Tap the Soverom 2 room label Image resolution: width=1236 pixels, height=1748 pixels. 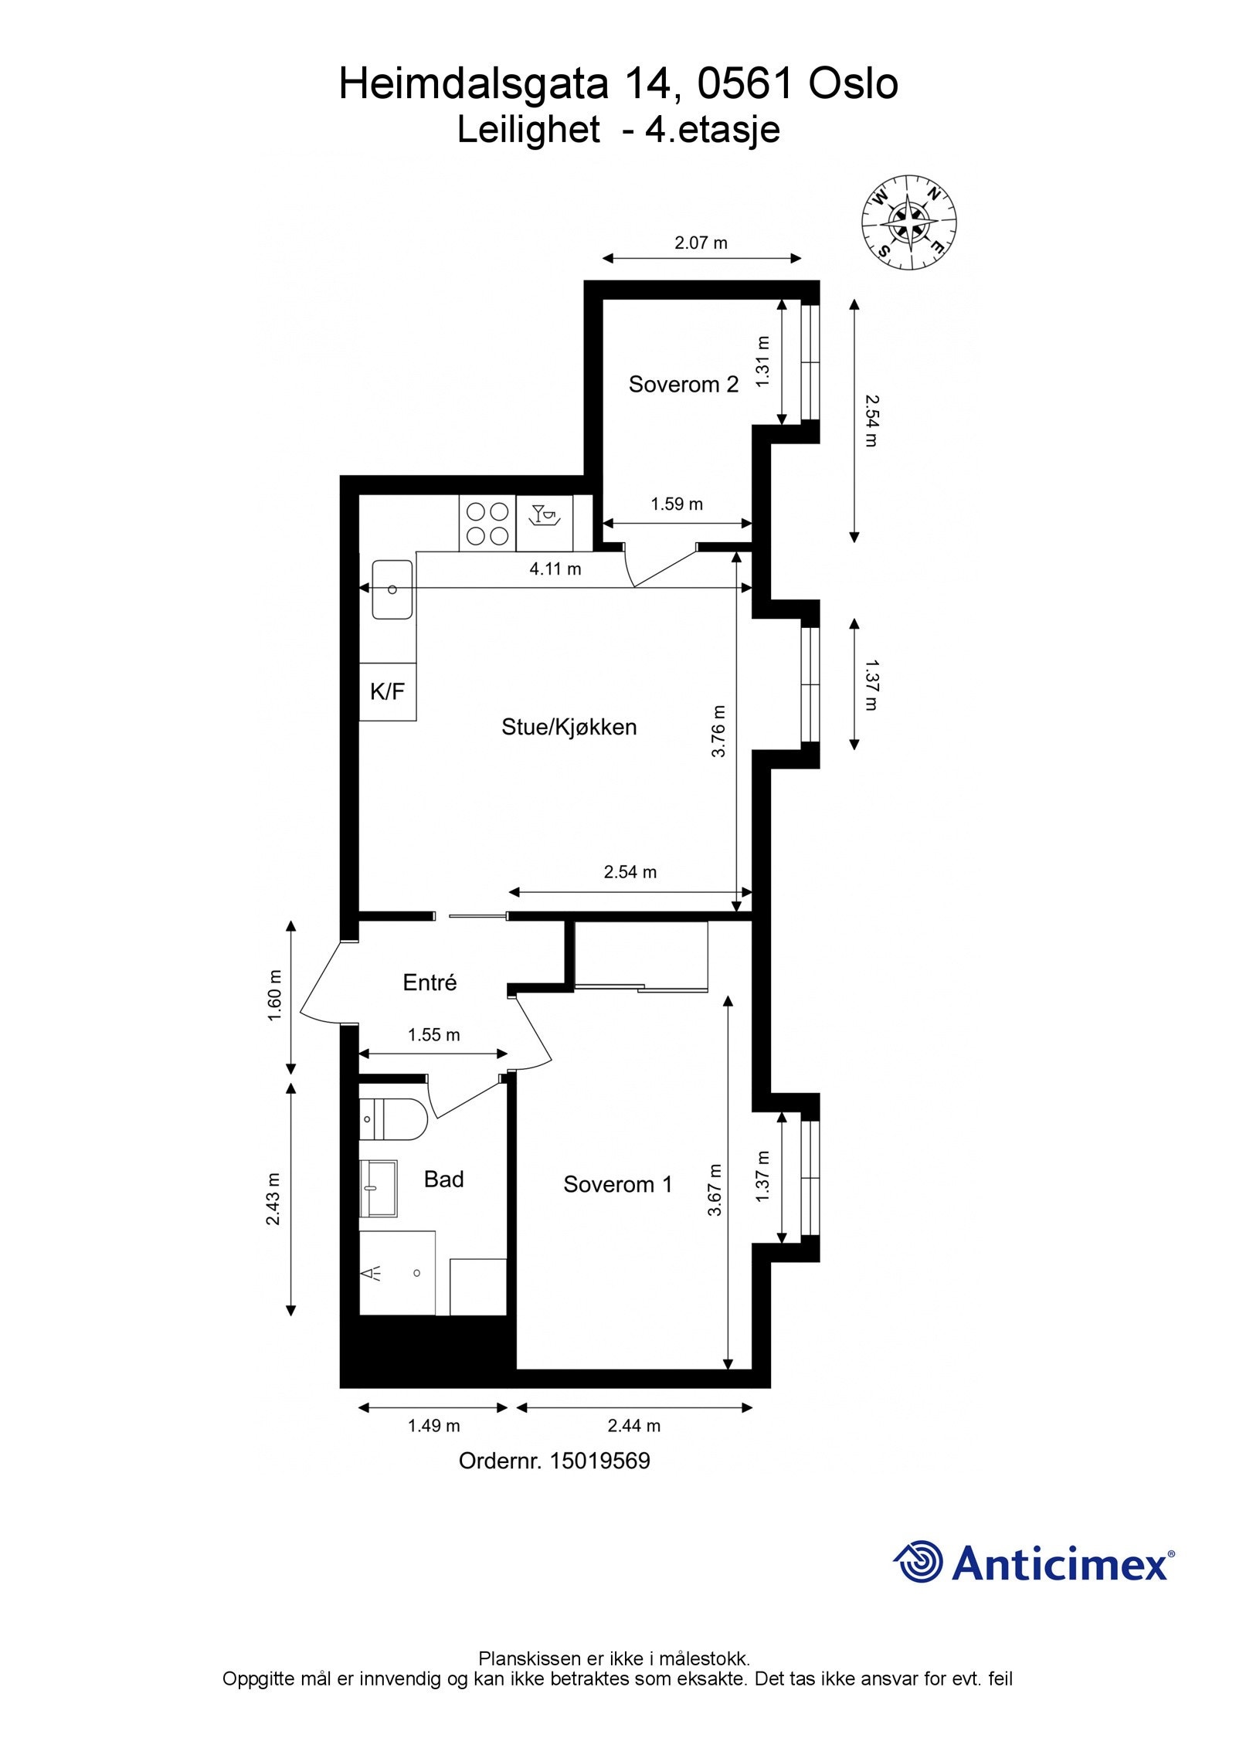[x=683, y=384]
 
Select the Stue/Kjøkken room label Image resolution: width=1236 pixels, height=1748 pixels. [x=569, y=727]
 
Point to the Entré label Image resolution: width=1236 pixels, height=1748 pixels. [x=430, y=982]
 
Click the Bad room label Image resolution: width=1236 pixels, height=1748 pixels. [x=443, y=1179]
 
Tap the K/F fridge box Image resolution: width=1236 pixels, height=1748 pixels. [x=388, y=691]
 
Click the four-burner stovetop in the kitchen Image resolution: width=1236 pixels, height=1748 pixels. [x=487, y=523]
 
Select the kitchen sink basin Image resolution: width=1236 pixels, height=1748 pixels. [x=392, y=589]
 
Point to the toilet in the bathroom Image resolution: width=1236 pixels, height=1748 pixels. [x=393, y=1118]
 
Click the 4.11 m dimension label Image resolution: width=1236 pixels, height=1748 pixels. [x=555, y=569]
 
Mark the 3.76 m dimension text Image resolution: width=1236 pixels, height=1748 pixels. [x=718, y=731]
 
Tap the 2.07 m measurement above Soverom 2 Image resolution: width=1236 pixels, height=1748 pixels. [x=701, y=243]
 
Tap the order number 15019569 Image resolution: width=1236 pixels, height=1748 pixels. [x=599, y=1461]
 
